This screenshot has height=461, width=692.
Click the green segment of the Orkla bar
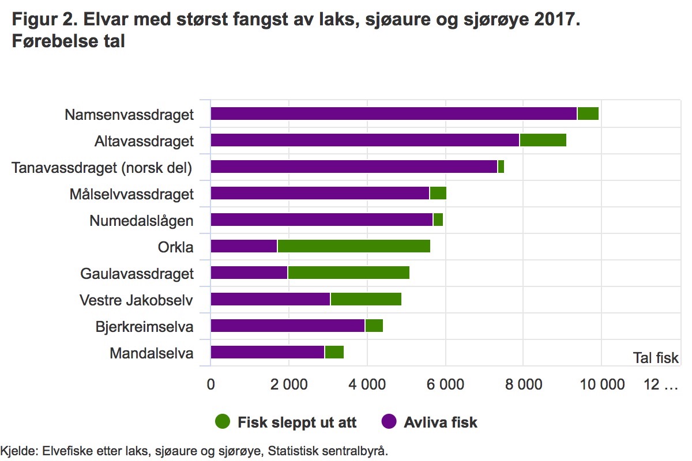pyautogui.click(x=353, y=246)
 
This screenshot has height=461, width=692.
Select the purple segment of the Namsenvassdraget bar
pyautogui.click(x=393, y=114)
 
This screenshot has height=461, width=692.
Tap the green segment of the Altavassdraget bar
pyautogui.click(x=543, y=140)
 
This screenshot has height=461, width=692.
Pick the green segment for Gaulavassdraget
pyautogui.click(x=348, y=273)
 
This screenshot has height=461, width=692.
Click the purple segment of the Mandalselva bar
pyautogui.click(x=267, y=352)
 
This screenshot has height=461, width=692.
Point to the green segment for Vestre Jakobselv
pyautogui.click(x=366, y=299)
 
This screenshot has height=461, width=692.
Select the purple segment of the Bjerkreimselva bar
pyautogui.click(x=287, y=326)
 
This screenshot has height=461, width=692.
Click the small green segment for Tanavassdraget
pyautogui.click(x=501, y=167)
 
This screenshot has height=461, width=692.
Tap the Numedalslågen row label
pyautogui.click(x=141, y=221)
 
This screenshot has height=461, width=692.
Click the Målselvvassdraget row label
pyautogui.click(x=131, y=194)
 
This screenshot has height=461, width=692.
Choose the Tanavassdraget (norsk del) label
pyautogui.click(x=102, y=168)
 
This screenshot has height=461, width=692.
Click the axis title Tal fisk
pyautogui.click(x=656, y=358)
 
